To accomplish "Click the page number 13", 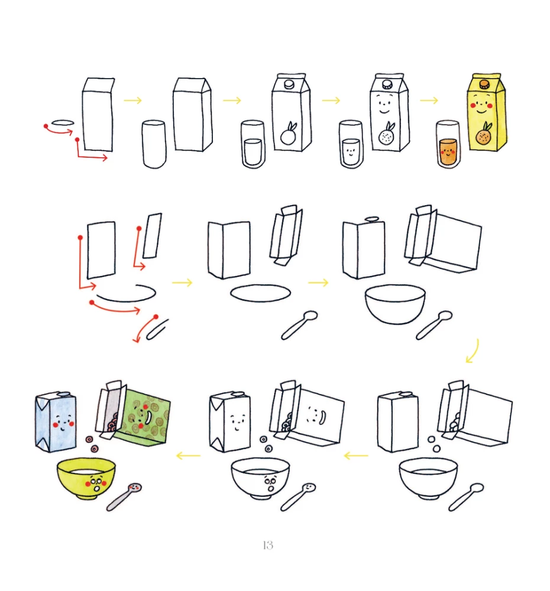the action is [x=268, y=545].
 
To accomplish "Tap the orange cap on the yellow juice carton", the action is [x=484, y=84].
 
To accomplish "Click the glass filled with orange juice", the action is [x=448, y=144].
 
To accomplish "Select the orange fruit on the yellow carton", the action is [x=483, y=134].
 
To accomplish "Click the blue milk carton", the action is [x=56, y=421].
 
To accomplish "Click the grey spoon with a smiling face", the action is [x=124, y=497].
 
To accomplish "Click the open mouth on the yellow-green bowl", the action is [x=97, y=489].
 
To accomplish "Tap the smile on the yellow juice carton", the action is [x=482, y=112].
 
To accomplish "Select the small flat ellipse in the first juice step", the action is [x=63, y=122].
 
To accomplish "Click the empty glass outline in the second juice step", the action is [x=154, y=144].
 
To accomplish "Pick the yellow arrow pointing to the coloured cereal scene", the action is [x=188, y=456].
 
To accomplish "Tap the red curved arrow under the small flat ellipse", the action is [x=59, y=131].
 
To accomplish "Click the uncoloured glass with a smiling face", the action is [x=351, y=144].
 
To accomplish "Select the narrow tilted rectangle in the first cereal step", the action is [x=153, y=236].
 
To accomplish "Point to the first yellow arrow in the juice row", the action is [x=133, y=100].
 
